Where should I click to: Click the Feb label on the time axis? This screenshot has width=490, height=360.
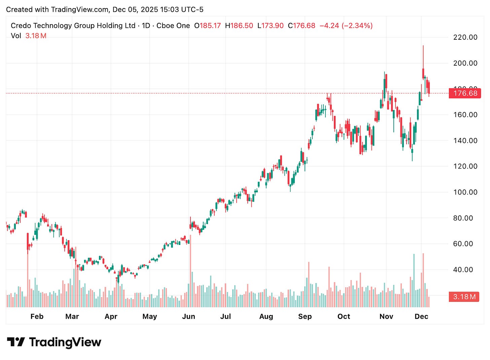37,316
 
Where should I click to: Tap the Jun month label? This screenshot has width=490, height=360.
188,316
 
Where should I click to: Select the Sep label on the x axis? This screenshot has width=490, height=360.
305,316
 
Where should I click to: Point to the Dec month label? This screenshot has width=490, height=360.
421,316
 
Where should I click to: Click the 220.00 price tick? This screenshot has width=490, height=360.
465,37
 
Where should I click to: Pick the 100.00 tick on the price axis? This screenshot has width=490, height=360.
465,192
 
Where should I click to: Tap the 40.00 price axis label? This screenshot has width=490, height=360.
463,269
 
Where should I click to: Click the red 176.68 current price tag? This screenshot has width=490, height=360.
465,93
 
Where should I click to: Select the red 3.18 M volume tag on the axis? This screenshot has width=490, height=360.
464,297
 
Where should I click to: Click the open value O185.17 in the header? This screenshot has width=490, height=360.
207,26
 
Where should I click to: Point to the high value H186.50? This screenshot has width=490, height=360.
239,26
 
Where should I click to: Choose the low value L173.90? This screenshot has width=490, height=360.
270,26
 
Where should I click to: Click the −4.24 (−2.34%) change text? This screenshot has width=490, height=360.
346,26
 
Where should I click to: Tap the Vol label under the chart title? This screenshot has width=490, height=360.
16,36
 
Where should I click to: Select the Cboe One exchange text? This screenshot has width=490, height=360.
173,26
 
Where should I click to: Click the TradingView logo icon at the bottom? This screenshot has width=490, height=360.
16,342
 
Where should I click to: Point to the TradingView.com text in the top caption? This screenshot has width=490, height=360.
80,9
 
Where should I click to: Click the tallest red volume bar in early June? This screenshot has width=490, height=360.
190,269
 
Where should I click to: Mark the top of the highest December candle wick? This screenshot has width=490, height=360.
423,45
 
